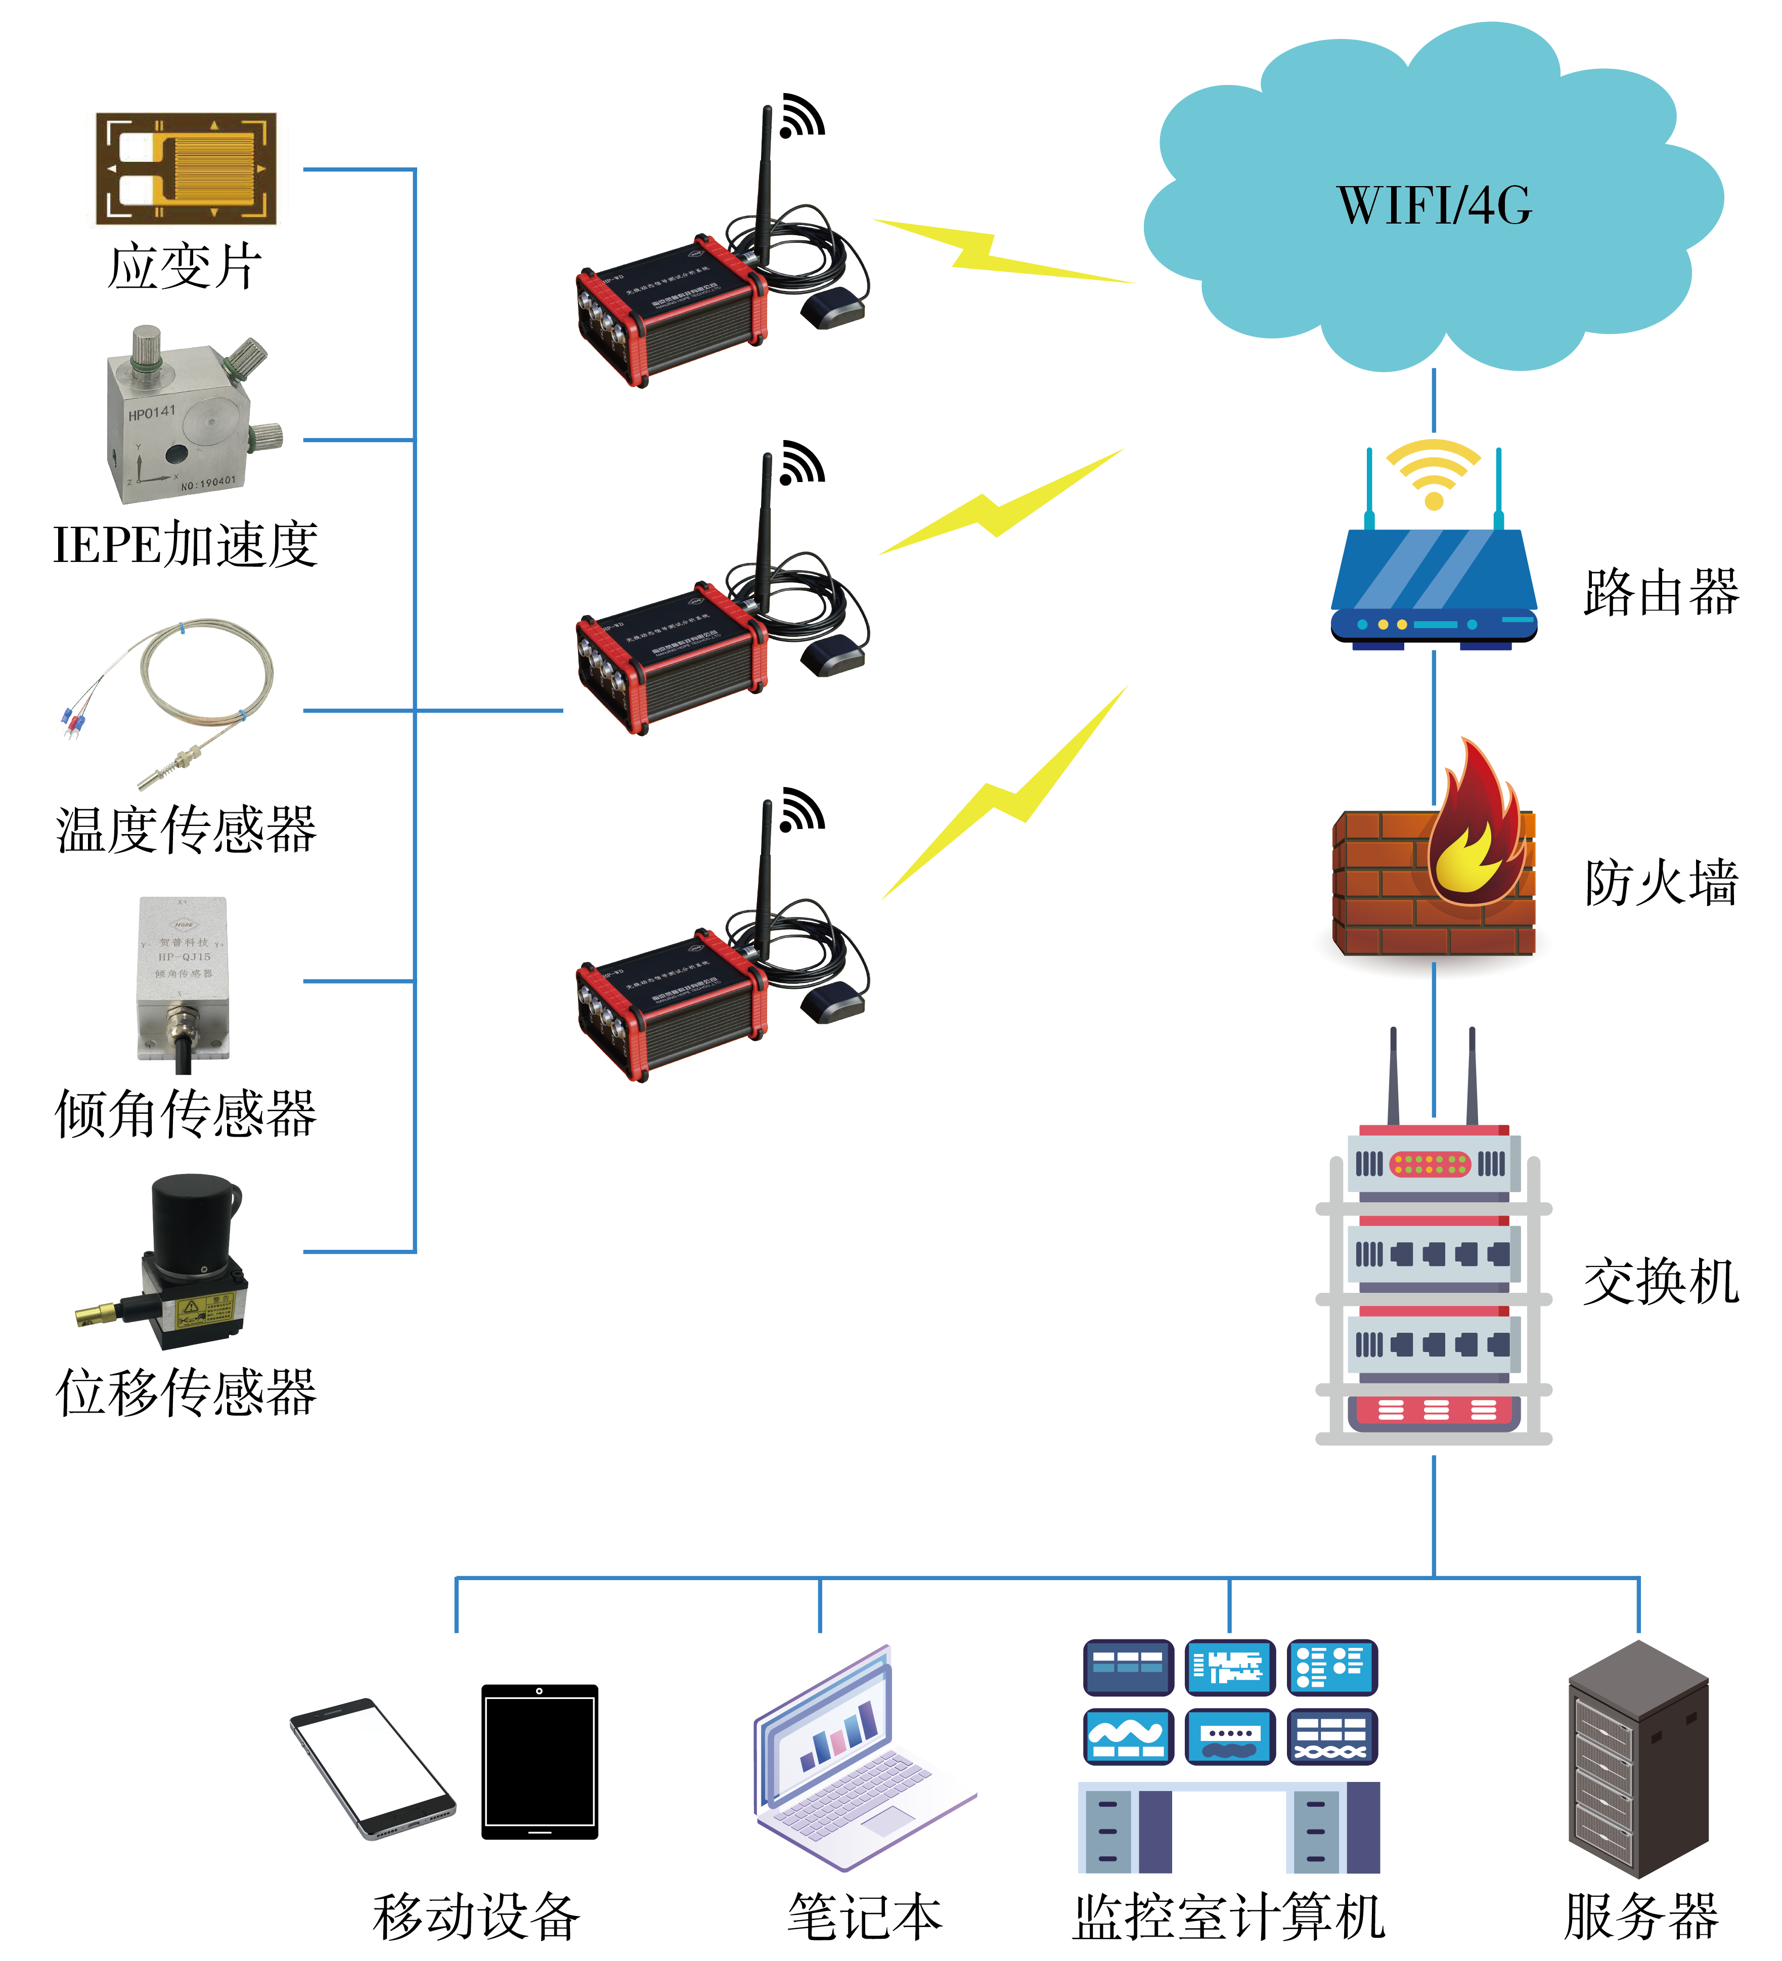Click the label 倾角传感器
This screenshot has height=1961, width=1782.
[186, 1114]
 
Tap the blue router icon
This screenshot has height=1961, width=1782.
[1434, 584]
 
